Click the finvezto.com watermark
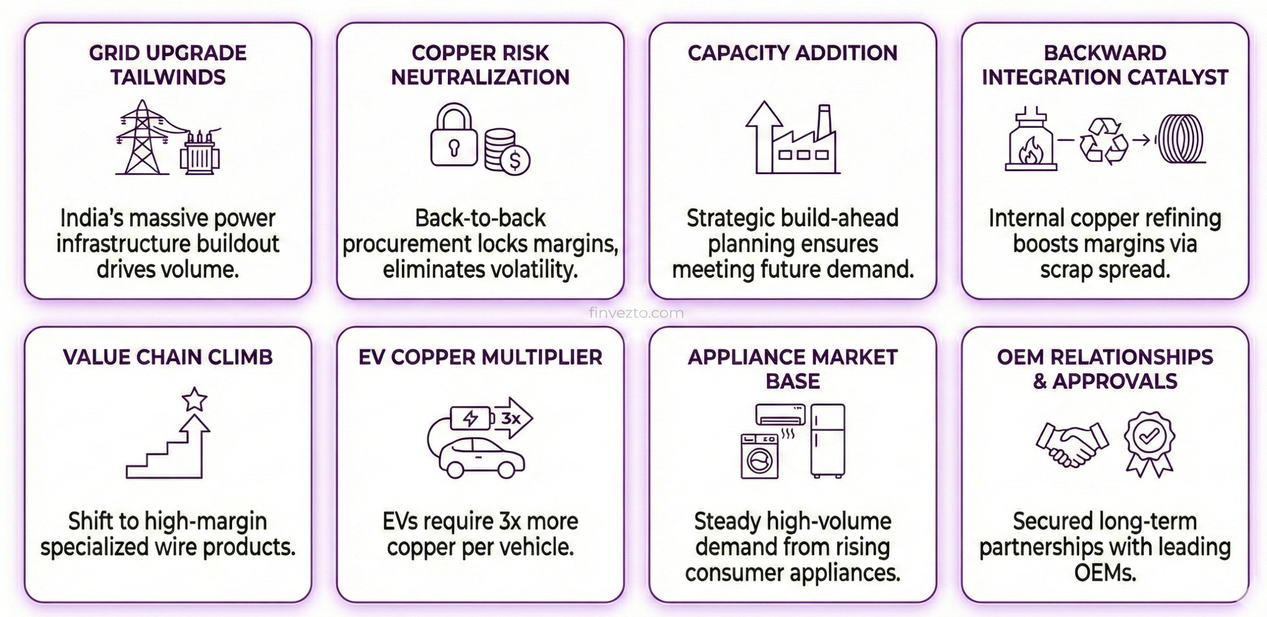point(636,313)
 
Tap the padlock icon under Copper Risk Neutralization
point(454,135)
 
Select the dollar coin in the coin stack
point(515,160)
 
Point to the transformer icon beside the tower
point(200,154)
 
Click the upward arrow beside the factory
point(764,136)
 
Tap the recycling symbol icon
point(1104,141)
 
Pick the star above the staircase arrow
point(194,399)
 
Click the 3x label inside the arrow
point(511,419)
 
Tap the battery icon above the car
point(471,419)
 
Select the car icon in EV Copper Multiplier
point(481,458)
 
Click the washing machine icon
point(759,456)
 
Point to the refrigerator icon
point(828,441)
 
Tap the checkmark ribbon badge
point(1149,443)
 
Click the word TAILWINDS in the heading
point(168,77)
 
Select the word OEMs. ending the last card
point(1105,573)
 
